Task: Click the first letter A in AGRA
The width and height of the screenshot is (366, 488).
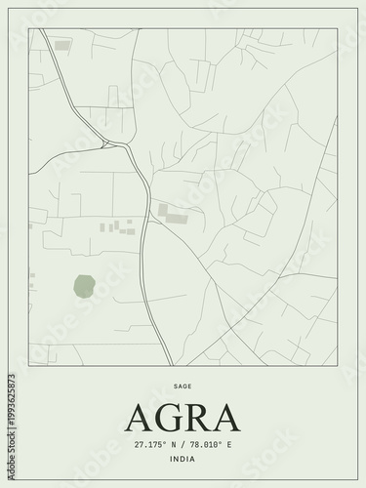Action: pyautogui.click(x=142, y=417)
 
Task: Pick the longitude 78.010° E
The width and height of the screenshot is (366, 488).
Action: pyautogui.click(x=209, y=444)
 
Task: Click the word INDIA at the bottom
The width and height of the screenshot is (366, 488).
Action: pyautogui.click(x=183, y=459)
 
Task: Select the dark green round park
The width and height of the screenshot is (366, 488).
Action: pyautogui.click(x=83, y=286)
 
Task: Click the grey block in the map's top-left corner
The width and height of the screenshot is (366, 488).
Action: pyautogui.click(x=62, y=45)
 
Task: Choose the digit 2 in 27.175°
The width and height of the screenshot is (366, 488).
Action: pyautogui.click(x=138, y=444)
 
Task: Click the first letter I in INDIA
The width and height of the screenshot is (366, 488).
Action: pyautogui.click(x=171, y=459)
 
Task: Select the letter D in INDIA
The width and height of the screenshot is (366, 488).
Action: pyautogui.click(x=183, y=459)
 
